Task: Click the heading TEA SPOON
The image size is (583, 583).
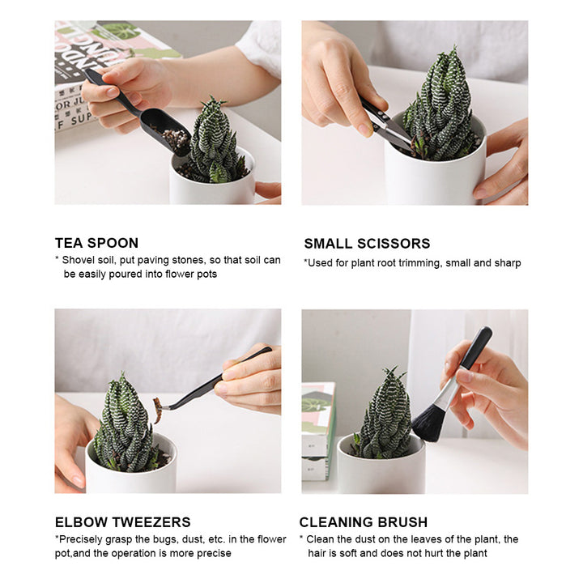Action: click(x=96, y=243)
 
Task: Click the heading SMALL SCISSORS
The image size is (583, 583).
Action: click(x=367, y=244)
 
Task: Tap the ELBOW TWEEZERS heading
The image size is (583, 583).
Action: click(x=122, y=522)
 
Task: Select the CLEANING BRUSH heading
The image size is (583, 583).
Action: click(x=364, y=522)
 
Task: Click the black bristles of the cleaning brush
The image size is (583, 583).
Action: click(x=428, y=423)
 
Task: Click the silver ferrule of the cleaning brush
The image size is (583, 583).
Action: click(x=448, y=394)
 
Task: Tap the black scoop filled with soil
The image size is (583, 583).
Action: click(x=165, y=130)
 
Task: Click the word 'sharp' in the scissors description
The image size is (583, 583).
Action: click(x=505, y=263)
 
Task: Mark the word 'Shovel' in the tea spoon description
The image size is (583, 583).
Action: click(x=80, y=260)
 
